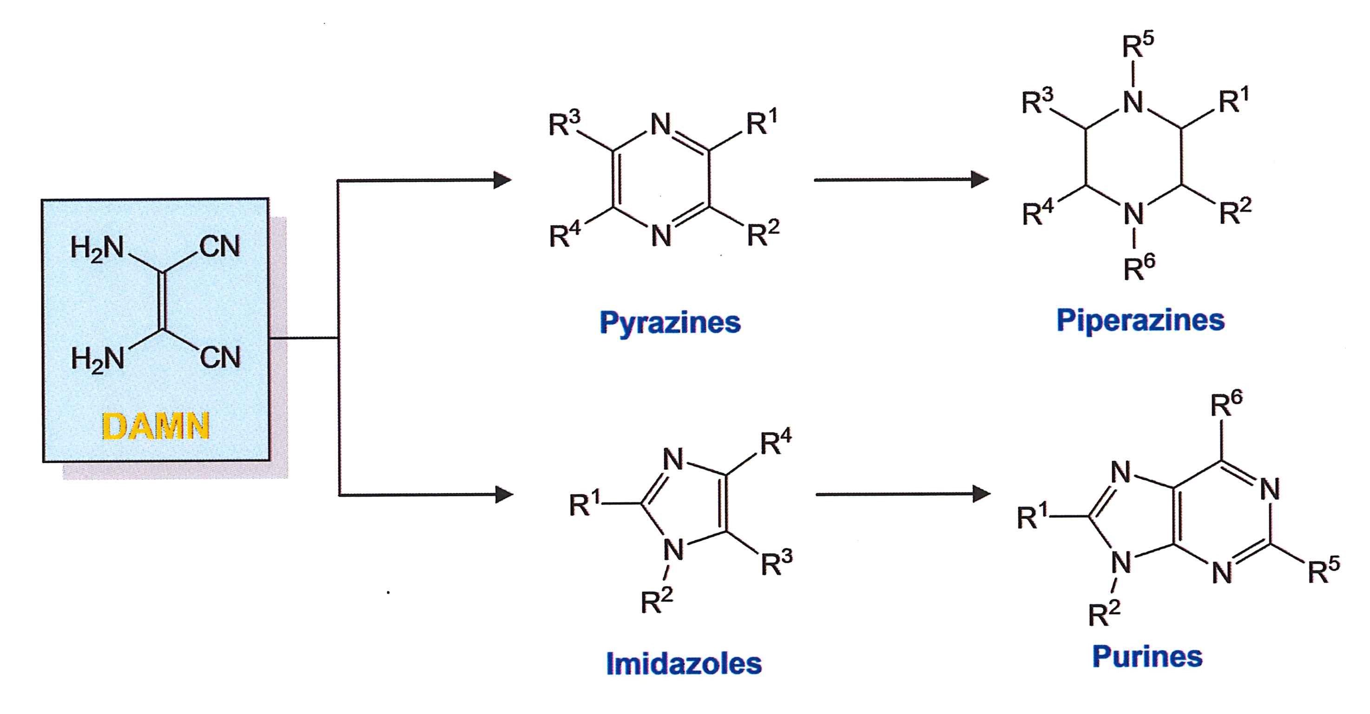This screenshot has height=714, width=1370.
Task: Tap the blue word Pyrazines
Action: pos(670,323)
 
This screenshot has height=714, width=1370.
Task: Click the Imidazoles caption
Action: pos(684,663)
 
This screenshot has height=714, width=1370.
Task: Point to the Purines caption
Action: pos(1147,656)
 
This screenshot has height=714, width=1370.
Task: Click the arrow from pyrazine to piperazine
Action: pos(902,180)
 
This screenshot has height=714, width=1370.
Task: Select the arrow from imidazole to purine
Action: pos(903,494)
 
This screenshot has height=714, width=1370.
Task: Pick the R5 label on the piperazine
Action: pos(1138,46)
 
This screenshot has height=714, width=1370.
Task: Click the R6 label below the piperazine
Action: pos(1139,267)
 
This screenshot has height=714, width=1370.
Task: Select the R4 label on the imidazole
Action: pos(776,443)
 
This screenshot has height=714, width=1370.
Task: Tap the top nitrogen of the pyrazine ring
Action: pos(661,126)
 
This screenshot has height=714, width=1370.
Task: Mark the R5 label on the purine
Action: pos(1324,571)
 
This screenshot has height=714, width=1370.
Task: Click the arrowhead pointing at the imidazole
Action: pos(504,495)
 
